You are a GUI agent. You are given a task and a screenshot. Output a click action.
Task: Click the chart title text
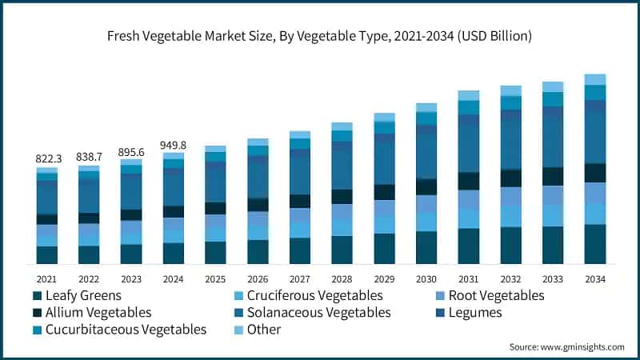click(x=320, y=36)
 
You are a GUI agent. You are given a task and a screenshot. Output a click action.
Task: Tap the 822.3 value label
click(x=47, y=159)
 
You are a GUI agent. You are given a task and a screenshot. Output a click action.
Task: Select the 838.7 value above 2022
click(x=90, y=157)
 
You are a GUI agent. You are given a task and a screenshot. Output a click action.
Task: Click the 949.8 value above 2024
click(x=174, y=145)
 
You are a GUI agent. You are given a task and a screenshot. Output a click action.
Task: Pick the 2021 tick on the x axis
click(x=47, y=279)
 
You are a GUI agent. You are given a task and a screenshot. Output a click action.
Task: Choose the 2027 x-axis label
click(x=300, y=279)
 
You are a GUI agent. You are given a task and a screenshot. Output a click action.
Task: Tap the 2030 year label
click(x=426, y=279)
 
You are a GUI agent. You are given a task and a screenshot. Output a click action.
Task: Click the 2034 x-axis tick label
click(x=595, y=279)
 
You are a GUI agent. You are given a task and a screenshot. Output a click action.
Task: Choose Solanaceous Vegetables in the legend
click(x=320, y=313)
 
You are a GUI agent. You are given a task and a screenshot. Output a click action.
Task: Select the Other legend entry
click(x=264, y=330)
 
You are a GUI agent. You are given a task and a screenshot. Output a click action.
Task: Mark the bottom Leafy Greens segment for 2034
click(x=595, y=244)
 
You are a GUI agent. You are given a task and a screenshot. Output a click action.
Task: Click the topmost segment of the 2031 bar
click(x=469, y=95)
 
